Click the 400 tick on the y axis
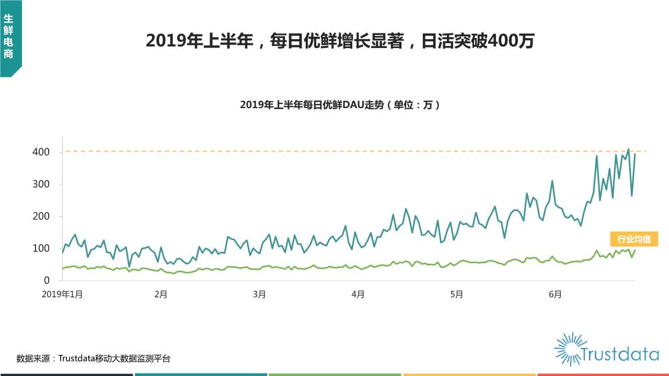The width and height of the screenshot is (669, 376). pos(44,152)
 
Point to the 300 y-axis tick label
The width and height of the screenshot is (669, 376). pos(44,184)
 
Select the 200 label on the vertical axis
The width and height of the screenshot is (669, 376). pos(44,216)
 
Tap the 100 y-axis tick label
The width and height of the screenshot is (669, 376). pos(44,249)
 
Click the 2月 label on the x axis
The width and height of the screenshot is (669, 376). pos(160,295)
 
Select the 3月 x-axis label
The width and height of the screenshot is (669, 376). pos(259,295)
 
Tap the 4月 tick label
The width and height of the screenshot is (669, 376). pos(358,295)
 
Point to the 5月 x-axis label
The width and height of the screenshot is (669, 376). pos(457,295)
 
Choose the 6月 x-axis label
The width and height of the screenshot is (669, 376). pos(556,295)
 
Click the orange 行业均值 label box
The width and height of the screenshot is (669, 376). pos(634,239)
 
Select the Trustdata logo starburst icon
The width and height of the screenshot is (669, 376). pos(571,349)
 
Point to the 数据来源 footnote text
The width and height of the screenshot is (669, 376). pos(93,359)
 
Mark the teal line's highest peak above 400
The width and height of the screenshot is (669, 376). pos(628,149)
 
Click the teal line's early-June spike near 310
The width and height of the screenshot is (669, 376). pos(552,181)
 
